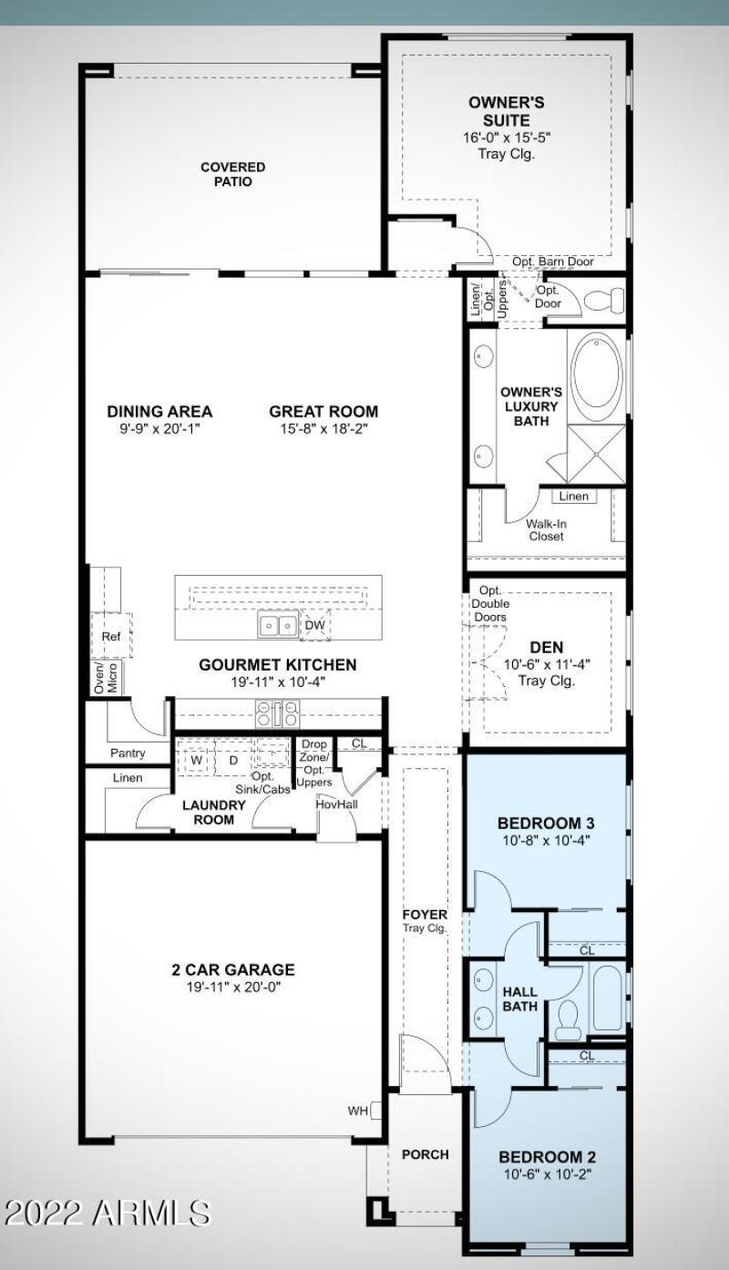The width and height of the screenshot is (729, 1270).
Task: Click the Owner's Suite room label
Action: coord(507,112)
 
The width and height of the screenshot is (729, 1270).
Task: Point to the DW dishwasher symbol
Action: coord(314,625)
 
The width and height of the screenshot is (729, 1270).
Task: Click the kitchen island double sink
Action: coord(278,625)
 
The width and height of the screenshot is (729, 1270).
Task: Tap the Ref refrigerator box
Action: coord(111,636)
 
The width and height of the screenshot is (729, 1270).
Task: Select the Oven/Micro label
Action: coord(106,678)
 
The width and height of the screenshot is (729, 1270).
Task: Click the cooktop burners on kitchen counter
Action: coord(278,714)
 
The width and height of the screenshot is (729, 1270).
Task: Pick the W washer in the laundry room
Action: coord(196,761)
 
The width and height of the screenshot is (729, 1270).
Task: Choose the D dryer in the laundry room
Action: coord(233,761)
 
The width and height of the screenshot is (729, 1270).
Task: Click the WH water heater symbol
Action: coord(376,1111)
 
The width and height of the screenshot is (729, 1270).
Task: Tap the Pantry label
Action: coord(128,753)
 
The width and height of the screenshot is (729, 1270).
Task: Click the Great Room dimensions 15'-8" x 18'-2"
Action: coord(323,428)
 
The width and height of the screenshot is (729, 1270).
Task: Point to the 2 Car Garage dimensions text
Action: coord(233,987)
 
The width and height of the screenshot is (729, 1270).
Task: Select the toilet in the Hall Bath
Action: coord(567,1020)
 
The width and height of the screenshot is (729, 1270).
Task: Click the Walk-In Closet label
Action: coord(547,530)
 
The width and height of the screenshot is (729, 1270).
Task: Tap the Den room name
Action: coord(547,647)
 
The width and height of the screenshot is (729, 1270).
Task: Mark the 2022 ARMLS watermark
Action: coord(108,1214)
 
